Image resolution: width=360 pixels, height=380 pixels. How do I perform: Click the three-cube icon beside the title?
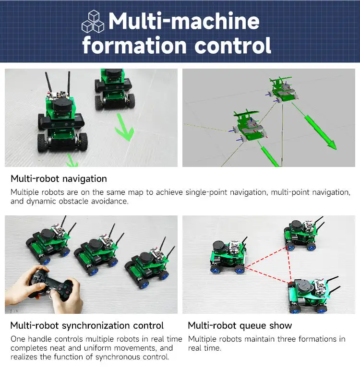coord(93,22)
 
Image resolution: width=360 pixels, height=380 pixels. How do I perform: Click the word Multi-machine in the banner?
coord(184,21)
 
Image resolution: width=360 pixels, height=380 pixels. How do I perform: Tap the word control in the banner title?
coord(233,45)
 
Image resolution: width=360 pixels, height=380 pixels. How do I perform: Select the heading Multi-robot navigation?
coord(59,179)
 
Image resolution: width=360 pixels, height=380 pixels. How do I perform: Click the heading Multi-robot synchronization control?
coord(87,325)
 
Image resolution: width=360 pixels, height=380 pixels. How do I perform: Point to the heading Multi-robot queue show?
coord(240,325)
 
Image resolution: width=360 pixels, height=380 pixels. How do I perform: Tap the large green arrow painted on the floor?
coord(124,127)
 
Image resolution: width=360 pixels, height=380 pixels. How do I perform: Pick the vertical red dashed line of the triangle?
coord(289,265)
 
